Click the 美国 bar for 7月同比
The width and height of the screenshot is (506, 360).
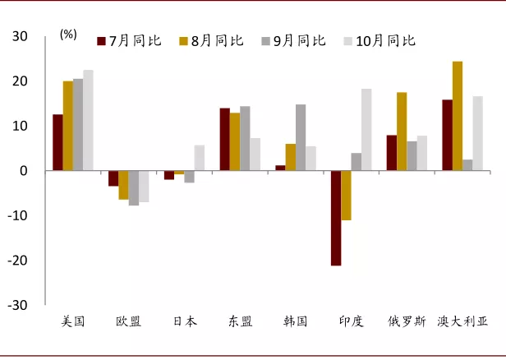tap(57, 142)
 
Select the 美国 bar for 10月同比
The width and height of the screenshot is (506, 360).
tap(88, 120)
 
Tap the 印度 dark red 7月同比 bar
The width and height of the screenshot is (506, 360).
tap(336, 218)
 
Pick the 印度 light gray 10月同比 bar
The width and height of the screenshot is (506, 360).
tap(366, 130)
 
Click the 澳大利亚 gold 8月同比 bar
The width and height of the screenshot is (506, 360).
tap(458, 116)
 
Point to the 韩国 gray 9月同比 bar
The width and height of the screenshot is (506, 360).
tap(301, 137)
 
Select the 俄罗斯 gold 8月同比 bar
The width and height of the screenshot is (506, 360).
tap(402, 132)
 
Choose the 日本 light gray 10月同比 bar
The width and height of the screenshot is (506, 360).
tap(200, 158)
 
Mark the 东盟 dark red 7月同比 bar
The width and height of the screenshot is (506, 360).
tap(224, 140)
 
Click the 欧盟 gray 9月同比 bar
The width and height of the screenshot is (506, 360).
tap(133, 187)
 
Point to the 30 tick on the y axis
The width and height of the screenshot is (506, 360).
tap(20, 37)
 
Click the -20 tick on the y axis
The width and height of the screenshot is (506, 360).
tap(17, 261)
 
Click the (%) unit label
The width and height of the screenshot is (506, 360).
tap(68, 35)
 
